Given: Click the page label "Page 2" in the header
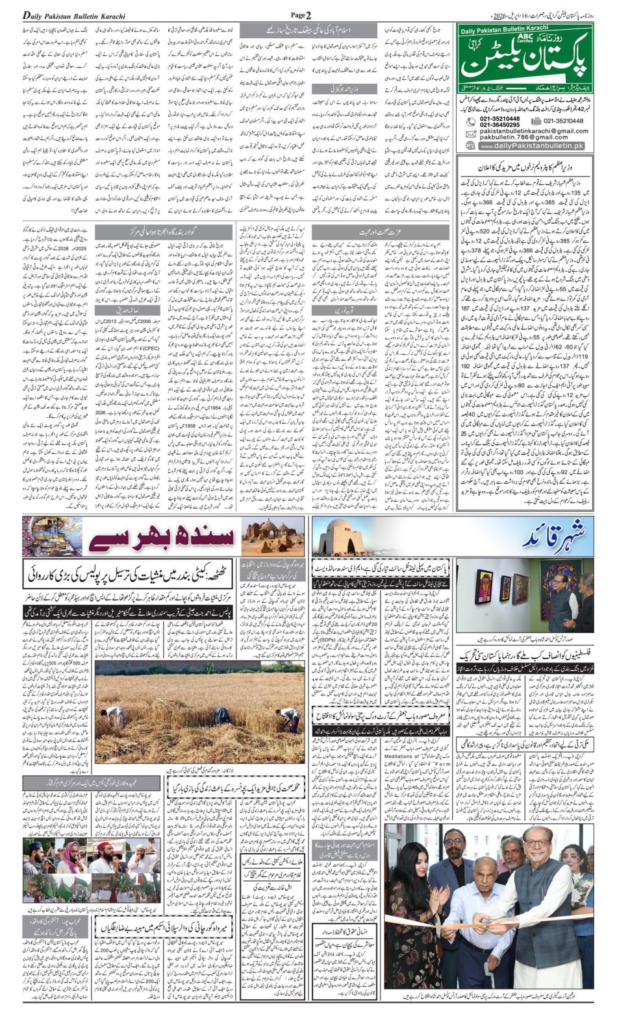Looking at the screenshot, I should tap(301, 14).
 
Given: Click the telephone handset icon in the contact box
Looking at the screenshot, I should tap(470, 121).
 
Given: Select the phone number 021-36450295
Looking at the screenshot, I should tap(499, 125).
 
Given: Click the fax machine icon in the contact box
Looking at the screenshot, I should tap(535, 121).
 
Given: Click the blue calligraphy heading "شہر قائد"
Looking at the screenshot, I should tap(562, 536).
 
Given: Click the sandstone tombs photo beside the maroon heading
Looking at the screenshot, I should tap(273, 536).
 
